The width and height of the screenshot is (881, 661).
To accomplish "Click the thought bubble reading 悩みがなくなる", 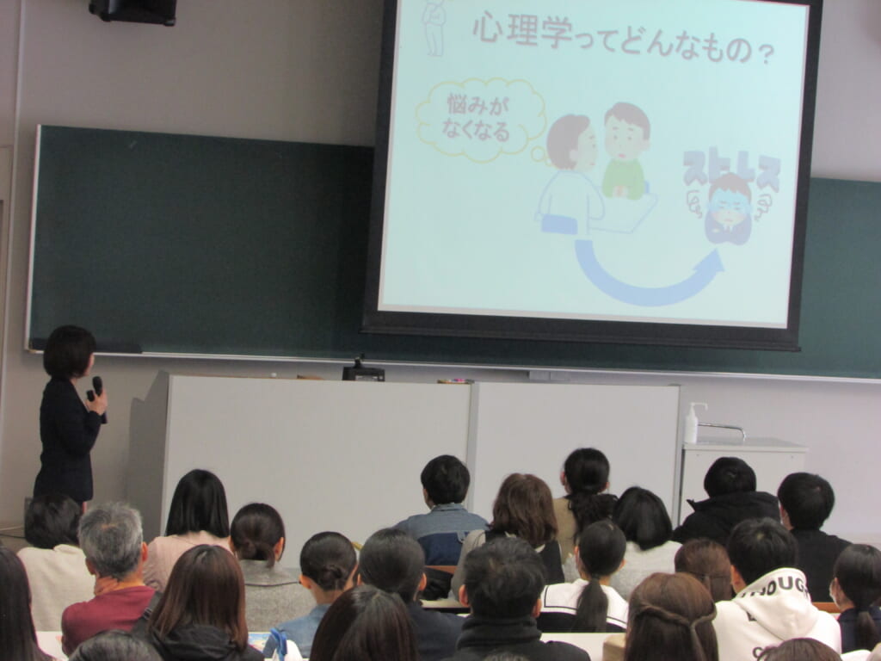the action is [480, 120].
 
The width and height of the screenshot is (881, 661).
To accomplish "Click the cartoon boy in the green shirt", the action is [625, 151].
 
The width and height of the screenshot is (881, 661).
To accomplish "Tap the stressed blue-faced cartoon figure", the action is [730, 208].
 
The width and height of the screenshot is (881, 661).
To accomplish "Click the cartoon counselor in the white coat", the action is [569, 174].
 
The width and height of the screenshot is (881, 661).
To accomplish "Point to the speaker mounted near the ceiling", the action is [132, 11].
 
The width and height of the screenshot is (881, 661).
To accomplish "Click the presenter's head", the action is [69, 352].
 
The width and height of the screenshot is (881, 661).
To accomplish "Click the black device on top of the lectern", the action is [363, 371].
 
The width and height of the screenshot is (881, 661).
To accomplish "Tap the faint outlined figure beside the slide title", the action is [434, 28].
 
